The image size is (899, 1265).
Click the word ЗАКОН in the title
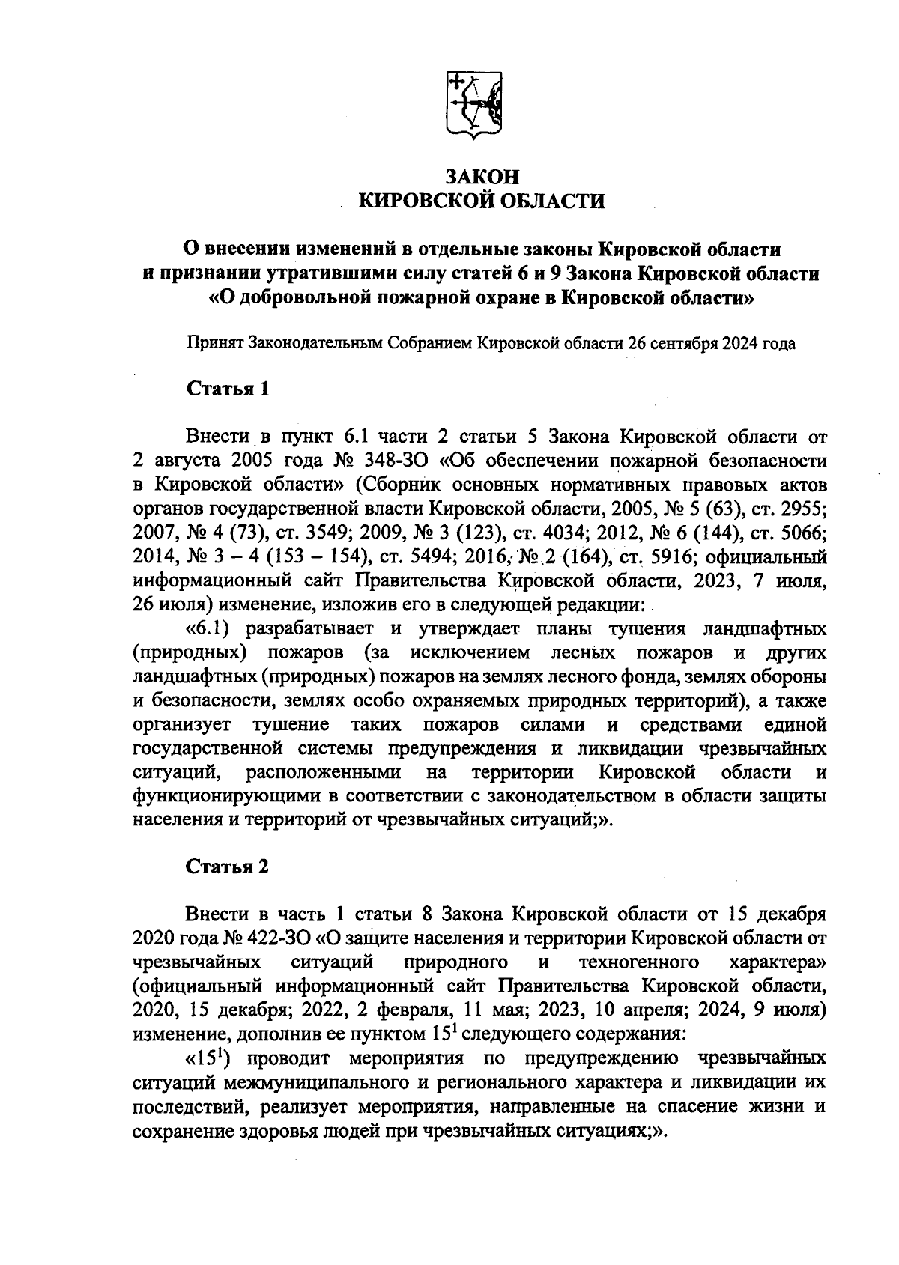pos(482,177)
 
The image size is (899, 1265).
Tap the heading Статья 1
pos(227,389)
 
